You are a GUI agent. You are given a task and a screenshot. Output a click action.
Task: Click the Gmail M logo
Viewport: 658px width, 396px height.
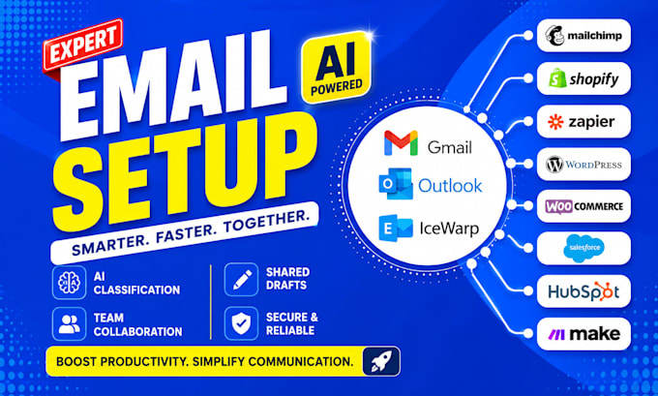[x=401, y=142]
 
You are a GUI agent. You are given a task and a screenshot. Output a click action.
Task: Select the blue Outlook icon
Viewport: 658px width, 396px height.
[x=396, y=184]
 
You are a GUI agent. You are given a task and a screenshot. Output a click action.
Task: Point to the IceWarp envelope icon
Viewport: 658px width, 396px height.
[x=396, y=228]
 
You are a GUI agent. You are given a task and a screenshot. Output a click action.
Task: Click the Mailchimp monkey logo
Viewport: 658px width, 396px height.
[x=554, y=35]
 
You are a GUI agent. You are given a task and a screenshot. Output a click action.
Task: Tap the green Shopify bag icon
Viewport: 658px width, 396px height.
[x=557, y=78]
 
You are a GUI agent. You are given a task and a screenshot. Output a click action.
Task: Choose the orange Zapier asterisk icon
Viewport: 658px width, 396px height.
[x=555, y=122]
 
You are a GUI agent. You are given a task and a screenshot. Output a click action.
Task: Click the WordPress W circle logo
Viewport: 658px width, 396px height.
[x=554, y=165]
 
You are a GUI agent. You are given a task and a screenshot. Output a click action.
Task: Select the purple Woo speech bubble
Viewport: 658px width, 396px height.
[x=558, y=206]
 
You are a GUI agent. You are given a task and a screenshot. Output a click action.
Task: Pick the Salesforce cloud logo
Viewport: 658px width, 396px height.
[x=583, y=248]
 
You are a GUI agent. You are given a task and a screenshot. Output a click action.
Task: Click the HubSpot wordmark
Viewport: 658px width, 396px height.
[x=583, y=291]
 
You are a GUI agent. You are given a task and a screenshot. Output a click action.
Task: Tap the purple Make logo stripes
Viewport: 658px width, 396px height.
[x=556, y=335]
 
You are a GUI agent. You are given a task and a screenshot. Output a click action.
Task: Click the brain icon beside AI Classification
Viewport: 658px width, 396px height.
[x=70, y=282]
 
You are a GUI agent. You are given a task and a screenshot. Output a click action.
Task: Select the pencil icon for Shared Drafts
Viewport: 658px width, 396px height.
[x=241, y=279]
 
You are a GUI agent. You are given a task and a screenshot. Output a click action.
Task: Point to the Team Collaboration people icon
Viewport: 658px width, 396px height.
[x=70, y=323]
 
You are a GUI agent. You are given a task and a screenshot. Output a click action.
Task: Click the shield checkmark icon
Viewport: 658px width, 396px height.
[x=241, y=323]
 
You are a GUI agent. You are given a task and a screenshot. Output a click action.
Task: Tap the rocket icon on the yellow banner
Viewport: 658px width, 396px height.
[x=380, y=361]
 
